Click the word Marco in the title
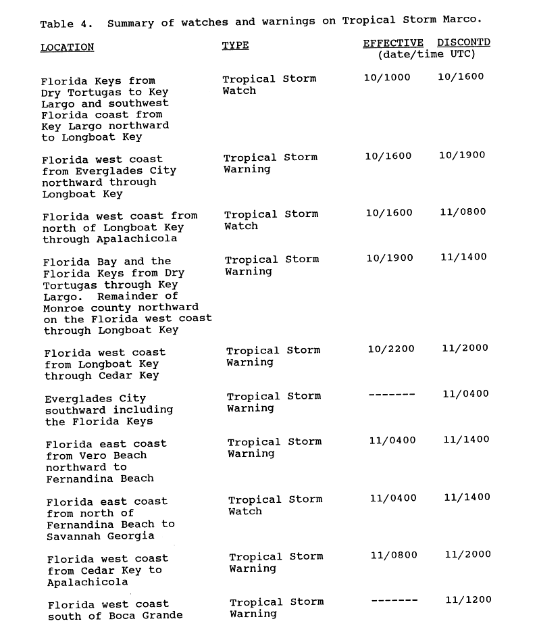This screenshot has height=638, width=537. click(460, 20)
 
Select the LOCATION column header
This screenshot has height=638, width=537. click(67, 47)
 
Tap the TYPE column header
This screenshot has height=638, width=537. click(235, 45)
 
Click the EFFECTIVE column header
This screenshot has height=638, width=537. click(393, 43)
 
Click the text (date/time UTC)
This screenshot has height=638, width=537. click(427, 54)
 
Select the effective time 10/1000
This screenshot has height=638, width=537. click(387, 77)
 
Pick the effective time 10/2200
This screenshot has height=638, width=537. click(391, 349)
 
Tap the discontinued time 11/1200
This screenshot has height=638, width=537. click(468, 599)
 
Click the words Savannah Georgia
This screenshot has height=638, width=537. click(101, 536)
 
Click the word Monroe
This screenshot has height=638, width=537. click(64, 308)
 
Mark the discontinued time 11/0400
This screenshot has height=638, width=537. click(465, 394)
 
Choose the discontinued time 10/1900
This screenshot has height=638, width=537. click(462, 155)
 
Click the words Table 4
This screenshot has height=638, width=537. click(67, 24)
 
